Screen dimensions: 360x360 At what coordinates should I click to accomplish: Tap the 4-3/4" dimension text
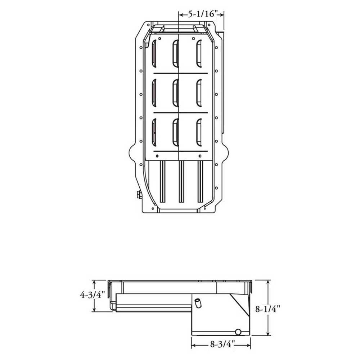tap(93, 294)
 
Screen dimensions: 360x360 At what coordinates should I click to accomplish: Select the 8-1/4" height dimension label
tap(268, 309)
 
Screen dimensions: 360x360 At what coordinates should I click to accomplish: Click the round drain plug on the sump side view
tap(238, 332)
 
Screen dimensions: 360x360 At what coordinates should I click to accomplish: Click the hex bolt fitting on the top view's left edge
tap(139, 194)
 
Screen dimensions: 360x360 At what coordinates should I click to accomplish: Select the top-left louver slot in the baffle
tap(154, 54)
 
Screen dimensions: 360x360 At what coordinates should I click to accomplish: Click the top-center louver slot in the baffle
tap(176, 54)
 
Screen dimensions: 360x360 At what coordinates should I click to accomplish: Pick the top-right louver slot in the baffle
tap(199, 54)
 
